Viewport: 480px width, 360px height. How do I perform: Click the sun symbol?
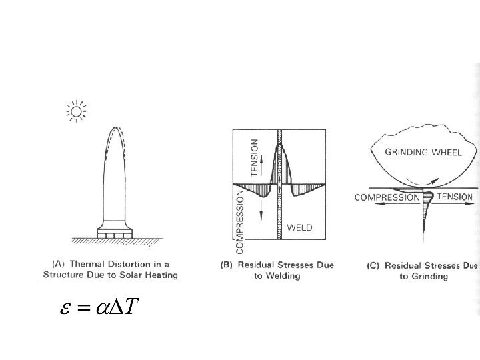tap(77, 111)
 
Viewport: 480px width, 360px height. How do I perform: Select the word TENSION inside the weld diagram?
tap(253, 157)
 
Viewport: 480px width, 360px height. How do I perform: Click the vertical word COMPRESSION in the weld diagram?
tap(241, 221)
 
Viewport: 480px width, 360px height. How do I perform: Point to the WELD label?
tap(299, 228)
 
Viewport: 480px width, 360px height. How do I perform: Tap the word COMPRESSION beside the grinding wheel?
tap(386, 197)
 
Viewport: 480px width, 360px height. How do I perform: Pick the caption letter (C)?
tap(375, 265)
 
